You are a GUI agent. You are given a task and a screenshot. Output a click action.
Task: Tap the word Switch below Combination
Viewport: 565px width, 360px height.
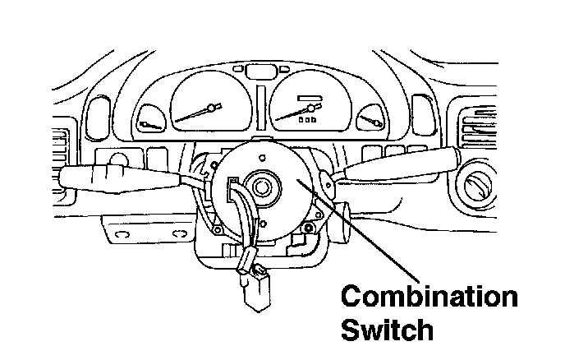tap(387, 329)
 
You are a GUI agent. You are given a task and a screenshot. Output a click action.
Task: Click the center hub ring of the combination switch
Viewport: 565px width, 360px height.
tap(265, 186)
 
